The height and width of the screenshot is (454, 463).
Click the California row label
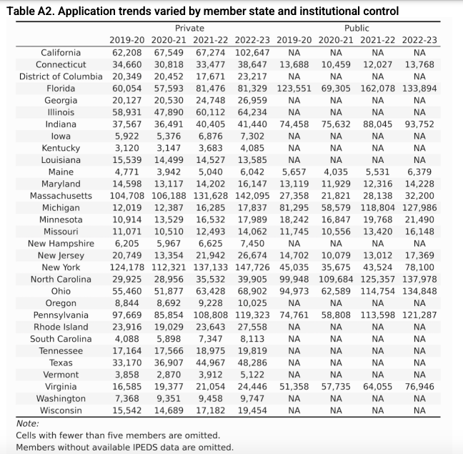tap(61, 52)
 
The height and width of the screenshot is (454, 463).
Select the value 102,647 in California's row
tap(252, 52)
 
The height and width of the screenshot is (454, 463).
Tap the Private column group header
tap(189, 28)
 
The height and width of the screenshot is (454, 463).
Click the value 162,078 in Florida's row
tap(378, 88)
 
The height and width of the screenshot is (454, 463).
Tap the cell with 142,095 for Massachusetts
tap(252, 196)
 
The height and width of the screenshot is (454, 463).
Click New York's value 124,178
tap(126, 267)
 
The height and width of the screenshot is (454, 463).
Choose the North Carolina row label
tap(61, 280)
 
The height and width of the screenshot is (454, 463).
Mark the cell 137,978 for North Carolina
tap(419, 280)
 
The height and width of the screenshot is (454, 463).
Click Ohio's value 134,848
tap(419, 292)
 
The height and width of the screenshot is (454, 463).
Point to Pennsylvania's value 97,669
tap(128, 315)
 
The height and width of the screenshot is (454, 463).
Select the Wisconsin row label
tap(61, 411)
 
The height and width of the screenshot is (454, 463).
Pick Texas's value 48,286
tap(254, 363)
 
